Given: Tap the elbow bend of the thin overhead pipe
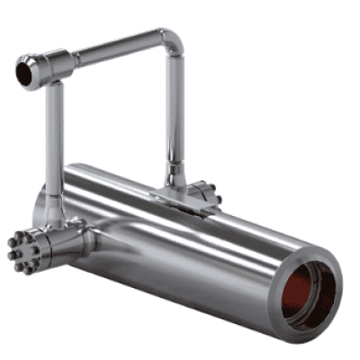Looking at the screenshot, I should pos(170,41).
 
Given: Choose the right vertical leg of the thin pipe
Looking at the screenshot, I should pos(175,117).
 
